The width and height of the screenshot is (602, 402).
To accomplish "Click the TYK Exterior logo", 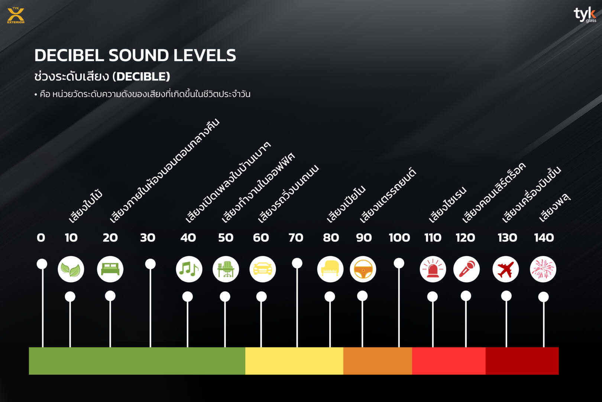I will coord(16,15).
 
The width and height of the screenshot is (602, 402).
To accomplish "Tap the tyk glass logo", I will coord(585,15).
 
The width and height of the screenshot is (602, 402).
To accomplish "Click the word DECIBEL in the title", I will coord(69,55).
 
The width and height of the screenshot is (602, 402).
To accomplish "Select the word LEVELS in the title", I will coord(205,55).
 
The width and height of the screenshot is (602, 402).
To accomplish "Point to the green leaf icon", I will coord(71,269).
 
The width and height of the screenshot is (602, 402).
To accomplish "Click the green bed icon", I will coord(110,269).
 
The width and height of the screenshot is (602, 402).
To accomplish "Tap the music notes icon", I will coord(189,269).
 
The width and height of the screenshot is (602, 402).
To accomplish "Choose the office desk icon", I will coord(226,269).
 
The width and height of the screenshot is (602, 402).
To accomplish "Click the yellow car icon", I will coord(263,269).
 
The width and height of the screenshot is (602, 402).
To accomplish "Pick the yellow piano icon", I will coord(330,269).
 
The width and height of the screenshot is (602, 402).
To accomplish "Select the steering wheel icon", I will coord(363,269).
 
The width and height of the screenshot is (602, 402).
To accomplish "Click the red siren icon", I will coord(433,269).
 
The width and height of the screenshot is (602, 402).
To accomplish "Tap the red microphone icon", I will coord(466,269).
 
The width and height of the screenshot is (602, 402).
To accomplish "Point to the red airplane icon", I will coord(505,269).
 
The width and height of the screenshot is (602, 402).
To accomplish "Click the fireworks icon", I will coord(543,269).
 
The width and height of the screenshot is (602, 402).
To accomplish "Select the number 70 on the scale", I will coord(296,237).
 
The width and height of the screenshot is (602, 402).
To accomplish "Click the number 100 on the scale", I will coord(399,237).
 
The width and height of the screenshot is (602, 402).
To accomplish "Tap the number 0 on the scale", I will coord(41,237).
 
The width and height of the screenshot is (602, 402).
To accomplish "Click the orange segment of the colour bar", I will coord(378,361).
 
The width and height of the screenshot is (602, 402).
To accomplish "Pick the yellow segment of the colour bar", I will coord(294,361).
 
